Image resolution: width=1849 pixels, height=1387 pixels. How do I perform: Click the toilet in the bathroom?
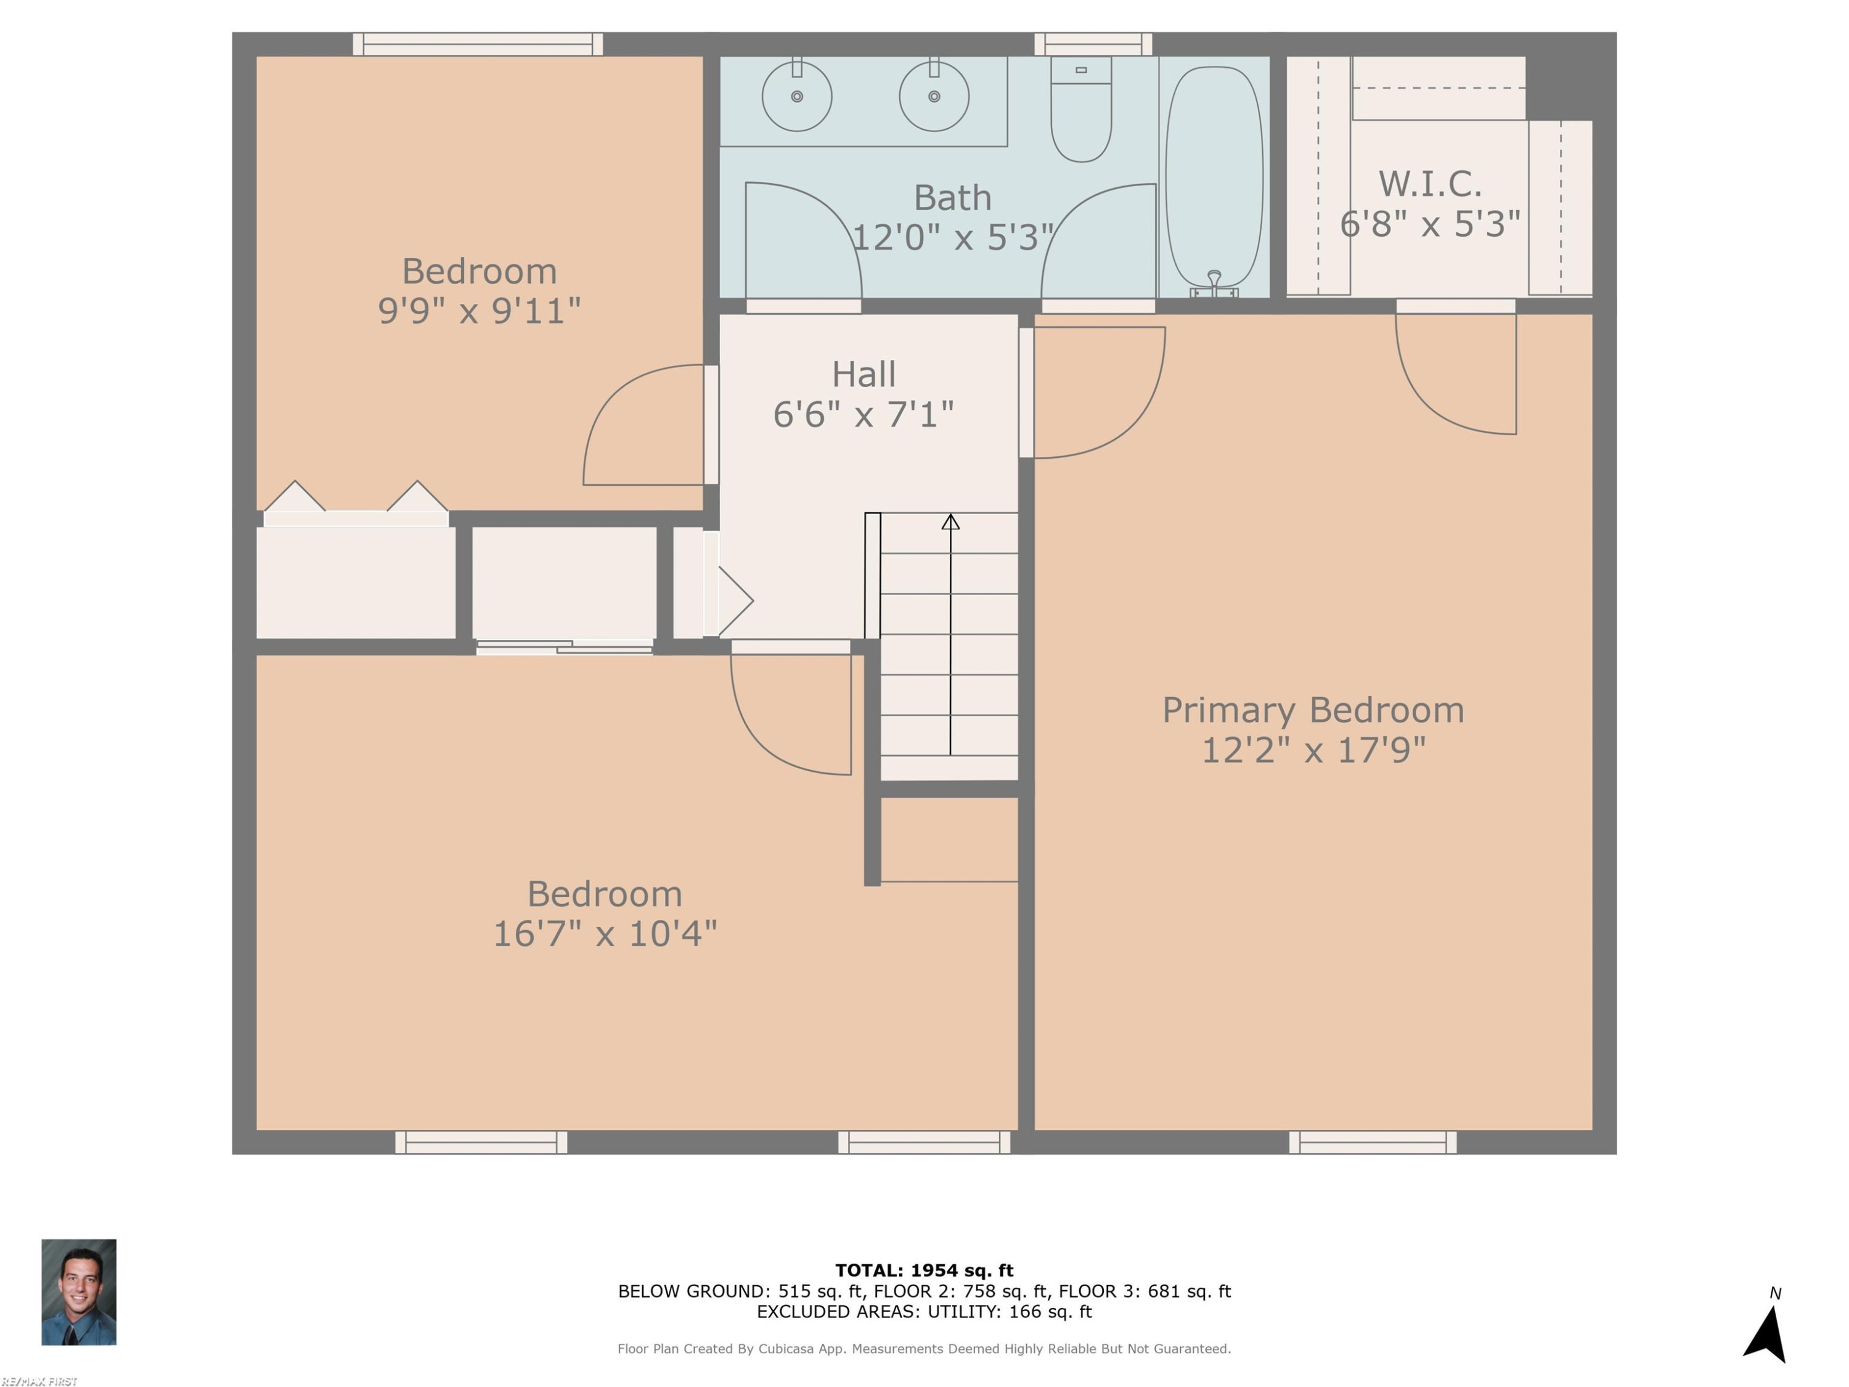1081,108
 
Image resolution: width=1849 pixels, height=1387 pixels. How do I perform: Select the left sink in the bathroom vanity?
796,96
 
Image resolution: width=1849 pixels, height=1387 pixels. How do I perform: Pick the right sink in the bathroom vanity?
934,96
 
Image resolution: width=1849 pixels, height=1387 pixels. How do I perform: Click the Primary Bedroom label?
1313,710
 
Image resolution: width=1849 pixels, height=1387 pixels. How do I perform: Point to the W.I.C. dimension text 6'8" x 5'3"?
1429,224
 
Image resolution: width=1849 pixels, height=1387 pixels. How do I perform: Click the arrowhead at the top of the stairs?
950,522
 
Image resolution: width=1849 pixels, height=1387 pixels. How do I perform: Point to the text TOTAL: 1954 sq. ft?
924,1270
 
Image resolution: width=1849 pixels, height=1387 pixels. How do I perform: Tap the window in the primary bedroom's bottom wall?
1373,1142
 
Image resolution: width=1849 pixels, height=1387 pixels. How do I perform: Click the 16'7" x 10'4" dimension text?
605,934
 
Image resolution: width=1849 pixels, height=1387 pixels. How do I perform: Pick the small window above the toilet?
1093,44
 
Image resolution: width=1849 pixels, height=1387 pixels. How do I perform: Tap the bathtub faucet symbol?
1214,284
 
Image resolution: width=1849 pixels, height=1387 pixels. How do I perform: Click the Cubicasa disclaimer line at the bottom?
924,1349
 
